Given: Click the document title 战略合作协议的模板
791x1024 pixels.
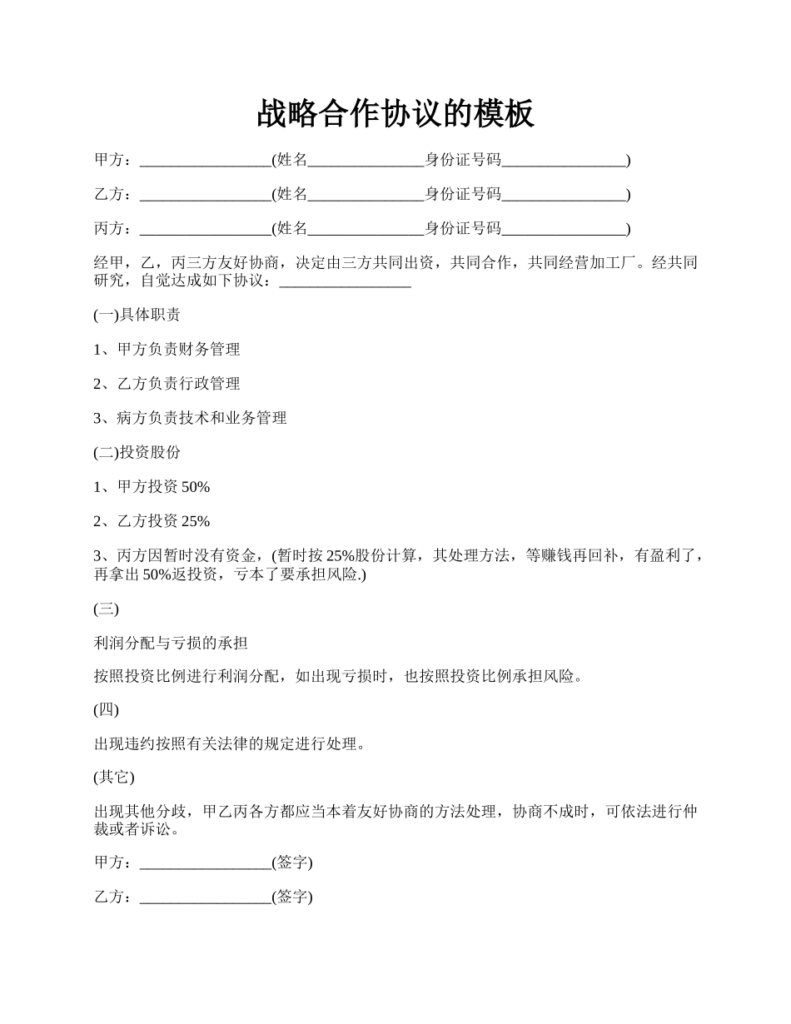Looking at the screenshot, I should point(395,114).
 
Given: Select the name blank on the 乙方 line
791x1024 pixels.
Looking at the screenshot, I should point(366,196).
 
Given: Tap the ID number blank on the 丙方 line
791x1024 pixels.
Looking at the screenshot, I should point(564,230).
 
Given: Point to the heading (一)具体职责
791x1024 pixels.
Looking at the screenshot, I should point(137,316).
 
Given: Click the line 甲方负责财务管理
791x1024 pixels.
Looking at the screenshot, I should point(167,350).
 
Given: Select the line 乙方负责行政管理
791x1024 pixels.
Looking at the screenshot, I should point(167,384).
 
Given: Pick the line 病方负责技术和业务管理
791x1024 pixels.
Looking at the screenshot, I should point(191,418).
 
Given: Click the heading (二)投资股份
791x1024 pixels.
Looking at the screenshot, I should point(137,452).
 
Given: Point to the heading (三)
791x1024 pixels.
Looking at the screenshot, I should point(107,609).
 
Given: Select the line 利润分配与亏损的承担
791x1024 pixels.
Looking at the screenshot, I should point(171,644).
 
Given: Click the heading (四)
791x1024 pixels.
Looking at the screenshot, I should point(107,710).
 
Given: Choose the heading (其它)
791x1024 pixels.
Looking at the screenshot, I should point(114,777).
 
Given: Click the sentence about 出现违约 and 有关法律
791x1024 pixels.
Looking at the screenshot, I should point(230,744).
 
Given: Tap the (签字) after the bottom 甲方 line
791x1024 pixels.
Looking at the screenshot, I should point(292,862).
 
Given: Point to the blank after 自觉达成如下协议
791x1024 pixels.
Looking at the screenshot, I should point(346,283).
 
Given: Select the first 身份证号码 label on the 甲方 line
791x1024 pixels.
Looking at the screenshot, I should point(463,160).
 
